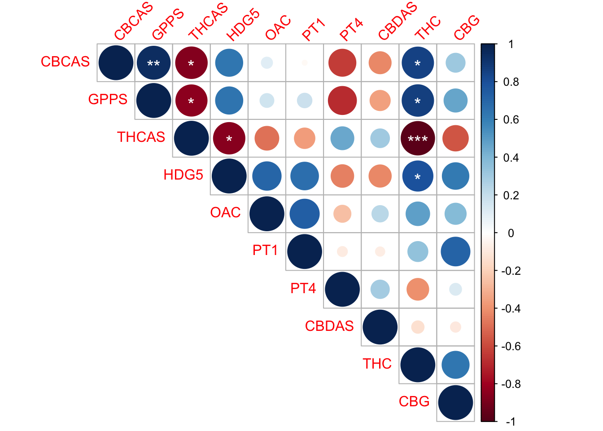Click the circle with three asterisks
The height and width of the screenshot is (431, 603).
coord(418,138)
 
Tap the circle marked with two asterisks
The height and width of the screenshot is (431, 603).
coord(153,63)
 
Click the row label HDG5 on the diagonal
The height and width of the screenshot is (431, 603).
coord(183,175)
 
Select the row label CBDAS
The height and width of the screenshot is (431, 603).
coord(329,326)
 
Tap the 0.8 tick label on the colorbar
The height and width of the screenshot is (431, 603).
coord(511,82)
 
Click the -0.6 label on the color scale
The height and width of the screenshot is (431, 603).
coord(511,346)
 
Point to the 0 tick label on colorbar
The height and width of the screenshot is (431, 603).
coord(511,233)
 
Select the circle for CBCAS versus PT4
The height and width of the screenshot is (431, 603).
coord(342,63)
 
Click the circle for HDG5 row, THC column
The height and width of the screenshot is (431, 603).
coord(418,176)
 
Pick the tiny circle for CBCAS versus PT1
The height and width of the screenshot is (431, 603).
coord(305,63)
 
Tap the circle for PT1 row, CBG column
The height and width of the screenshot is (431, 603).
coord(455,251)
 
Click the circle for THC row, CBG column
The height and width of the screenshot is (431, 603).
coord(455,365)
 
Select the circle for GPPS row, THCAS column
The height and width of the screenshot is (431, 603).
coord(191,101)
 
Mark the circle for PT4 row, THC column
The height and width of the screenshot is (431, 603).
coord(418,289)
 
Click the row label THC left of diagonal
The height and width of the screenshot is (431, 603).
coord(377,364)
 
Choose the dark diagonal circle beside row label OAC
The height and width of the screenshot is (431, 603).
coord(267,214)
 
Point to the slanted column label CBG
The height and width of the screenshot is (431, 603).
coord(467,27)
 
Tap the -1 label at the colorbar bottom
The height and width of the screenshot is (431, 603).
coord(510,422)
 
